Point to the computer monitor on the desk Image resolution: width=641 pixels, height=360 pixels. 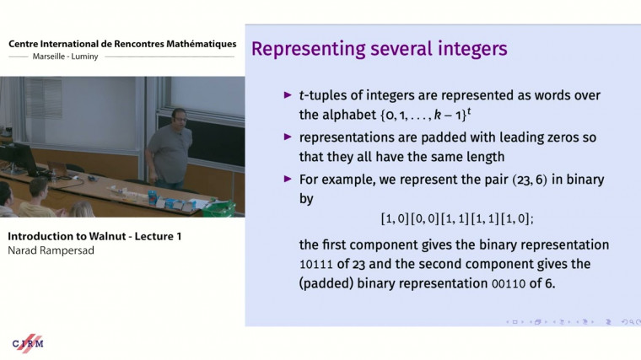19,158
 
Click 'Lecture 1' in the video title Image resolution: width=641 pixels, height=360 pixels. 153,236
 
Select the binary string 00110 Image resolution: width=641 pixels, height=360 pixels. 508,283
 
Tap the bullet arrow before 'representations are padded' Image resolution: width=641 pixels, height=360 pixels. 288,137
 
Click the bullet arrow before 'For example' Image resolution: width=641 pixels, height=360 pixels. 288,179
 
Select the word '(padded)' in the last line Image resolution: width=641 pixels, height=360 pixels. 329,283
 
